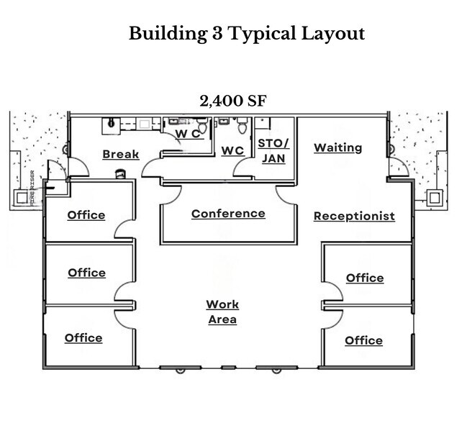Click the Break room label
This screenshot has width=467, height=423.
120,154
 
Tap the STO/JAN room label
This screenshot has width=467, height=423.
273,150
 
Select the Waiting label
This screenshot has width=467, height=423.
337,147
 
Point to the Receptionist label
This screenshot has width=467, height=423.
354,216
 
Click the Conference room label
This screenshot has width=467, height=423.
228,214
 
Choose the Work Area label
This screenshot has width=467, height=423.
222,312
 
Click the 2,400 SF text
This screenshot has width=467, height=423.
233,101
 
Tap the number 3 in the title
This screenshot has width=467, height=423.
219,33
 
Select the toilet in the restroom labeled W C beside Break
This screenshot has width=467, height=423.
202,127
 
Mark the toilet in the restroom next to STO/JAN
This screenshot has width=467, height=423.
241,127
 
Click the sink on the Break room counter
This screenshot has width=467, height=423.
112,123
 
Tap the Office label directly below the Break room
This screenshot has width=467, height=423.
86,215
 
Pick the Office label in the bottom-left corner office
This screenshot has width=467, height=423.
83,338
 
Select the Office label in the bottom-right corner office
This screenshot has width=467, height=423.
363,340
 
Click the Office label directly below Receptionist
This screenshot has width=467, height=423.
365,278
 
